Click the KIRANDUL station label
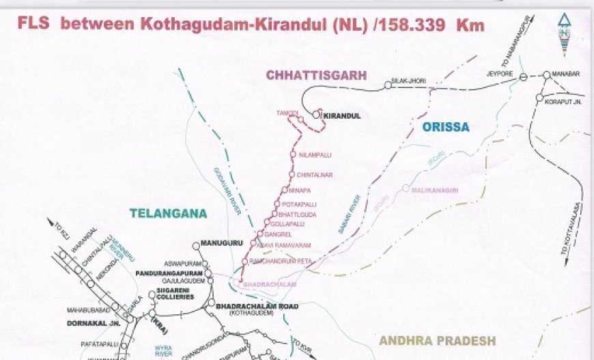click(342, 116)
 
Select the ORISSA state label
click(445, 127)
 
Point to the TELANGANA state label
click(168, 213)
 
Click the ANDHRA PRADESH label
click(437, 340)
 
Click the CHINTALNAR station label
click(314, 175)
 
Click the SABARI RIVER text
click(349, 214)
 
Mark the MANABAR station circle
click(546, 75)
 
